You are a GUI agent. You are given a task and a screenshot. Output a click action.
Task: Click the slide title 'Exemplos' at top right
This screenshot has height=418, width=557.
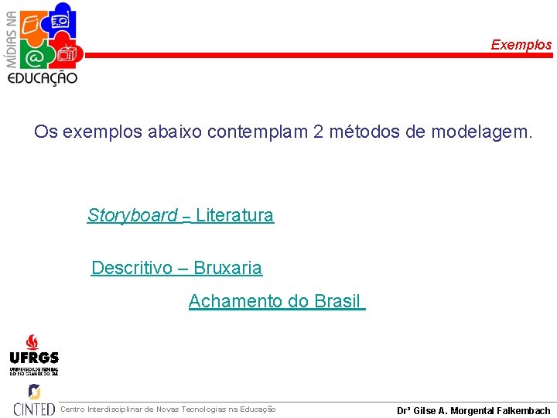click(x=521, y=45)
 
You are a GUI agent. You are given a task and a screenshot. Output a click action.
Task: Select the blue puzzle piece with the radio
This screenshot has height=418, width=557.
click(x=60, y=19)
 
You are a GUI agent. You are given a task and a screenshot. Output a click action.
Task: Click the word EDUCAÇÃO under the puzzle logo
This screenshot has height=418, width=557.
click(x=43, y=78)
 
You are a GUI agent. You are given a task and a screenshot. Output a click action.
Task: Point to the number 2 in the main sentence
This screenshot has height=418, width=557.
click(x=319, y=132)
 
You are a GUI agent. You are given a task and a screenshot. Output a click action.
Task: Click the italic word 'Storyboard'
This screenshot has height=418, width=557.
click(x=132, y=215)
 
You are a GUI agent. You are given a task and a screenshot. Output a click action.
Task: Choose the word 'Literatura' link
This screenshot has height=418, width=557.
click(x=234, y=215)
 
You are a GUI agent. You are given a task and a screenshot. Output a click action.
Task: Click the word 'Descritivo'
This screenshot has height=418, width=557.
click(x=132, y=268)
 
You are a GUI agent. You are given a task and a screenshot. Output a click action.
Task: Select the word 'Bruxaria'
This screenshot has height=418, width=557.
click(x=227, y=268)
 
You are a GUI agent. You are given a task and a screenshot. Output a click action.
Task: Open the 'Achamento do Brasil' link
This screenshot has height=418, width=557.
click(x=275, y=301)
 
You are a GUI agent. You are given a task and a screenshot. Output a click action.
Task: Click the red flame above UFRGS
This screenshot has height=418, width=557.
click(x=32, y=341)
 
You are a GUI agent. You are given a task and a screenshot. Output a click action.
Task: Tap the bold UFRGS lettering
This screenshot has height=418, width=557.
click(x=33, y=358)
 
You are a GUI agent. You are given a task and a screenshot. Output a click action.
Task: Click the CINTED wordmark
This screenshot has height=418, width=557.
click(x=34, y=409)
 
